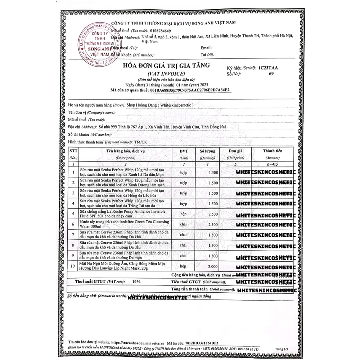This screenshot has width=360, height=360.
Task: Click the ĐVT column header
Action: click(184, 151)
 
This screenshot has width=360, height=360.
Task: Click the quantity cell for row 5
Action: click(213, 214)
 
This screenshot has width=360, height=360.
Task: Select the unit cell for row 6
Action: click(184, 224)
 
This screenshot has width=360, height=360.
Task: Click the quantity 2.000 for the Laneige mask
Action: click(213, 267)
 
